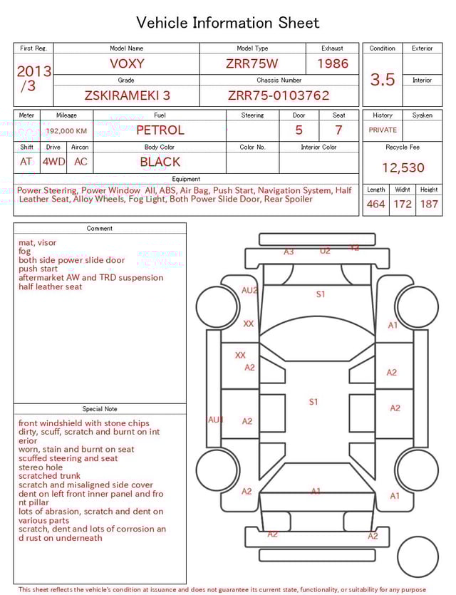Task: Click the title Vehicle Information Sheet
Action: click(x=228, y=23)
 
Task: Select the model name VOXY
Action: click(x=127, y=63)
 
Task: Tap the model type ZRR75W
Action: click(x=252, y=63)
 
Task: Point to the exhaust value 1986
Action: click(x=333, y=63)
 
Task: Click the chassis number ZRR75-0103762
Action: click(x=279, y=95)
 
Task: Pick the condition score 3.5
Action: click(x=383, y=80)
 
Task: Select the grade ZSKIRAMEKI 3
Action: click(x=127, y=95)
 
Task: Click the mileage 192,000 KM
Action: click(x=66, y=131)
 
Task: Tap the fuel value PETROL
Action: click(x=160, y=130)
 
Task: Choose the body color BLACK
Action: click(x=160, y=162)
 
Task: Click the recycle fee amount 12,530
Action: click(x=403, y=168)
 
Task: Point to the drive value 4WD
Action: click(x=53, y=162)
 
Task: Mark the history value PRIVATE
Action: click(x=383, y=130)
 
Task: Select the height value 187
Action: click(x=429, y=205)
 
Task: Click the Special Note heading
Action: click(x=100, y=409)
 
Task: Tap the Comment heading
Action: click(x=100, y=229)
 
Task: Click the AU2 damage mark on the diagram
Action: click(x=249, y=291)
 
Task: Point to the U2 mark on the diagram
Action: click(x=325, y=251)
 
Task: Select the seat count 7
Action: click(x=338, y=130)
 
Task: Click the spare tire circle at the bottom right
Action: click(x=418, y=557)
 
